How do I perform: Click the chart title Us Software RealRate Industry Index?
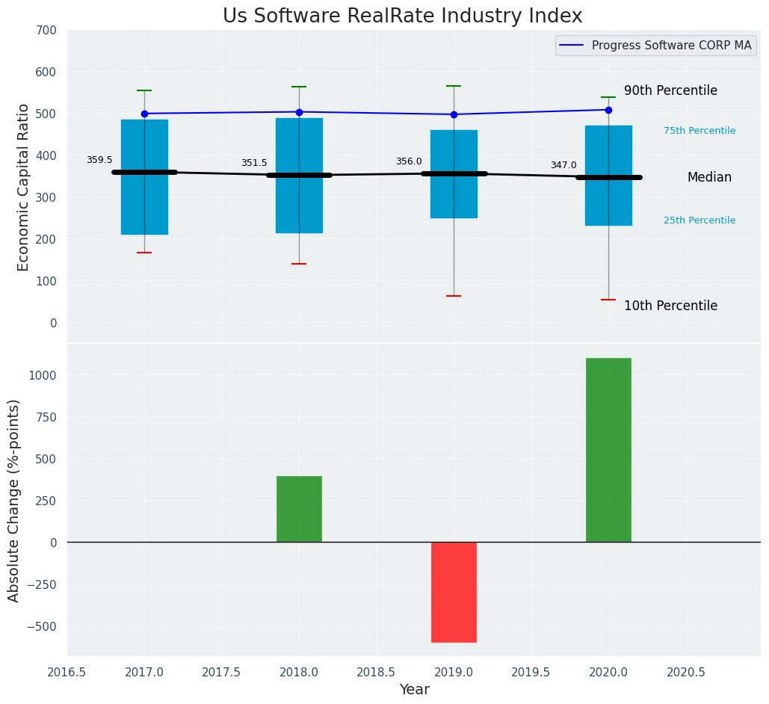[x=402, y=16]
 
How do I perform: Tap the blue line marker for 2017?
[x=144, y=114]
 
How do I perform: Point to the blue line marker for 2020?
[x=608, y=110]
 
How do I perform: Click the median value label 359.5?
[x=99, y=160]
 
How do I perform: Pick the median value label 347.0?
[x=563, y=165]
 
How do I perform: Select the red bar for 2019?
[x=454, y=592]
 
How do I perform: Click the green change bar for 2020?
[x=608, y=450]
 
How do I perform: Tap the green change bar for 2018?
[x=299, y=509]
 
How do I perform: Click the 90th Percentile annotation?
[x=670, y=91]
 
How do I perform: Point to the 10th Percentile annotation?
[x=670, y=306]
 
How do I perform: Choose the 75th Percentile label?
[x=699, y=131]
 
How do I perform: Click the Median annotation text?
[x=709, y=178]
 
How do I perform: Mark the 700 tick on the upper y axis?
[x=46, y=31]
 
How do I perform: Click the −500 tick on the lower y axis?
[x=40, y=626]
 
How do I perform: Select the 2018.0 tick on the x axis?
[x=299, y=672]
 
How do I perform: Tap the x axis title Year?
[x=414, y=690]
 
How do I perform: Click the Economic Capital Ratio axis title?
[x=23, y=187]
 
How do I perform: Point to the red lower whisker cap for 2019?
[x=454, y=296]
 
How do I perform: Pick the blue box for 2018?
[x=299, y=176]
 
